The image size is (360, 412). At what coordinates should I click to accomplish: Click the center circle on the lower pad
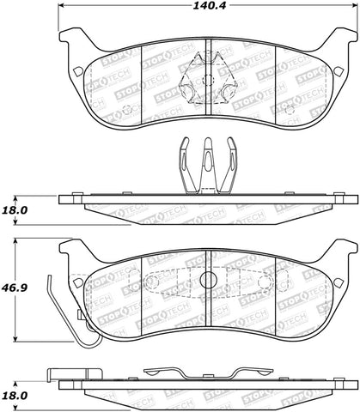point(206,280)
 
